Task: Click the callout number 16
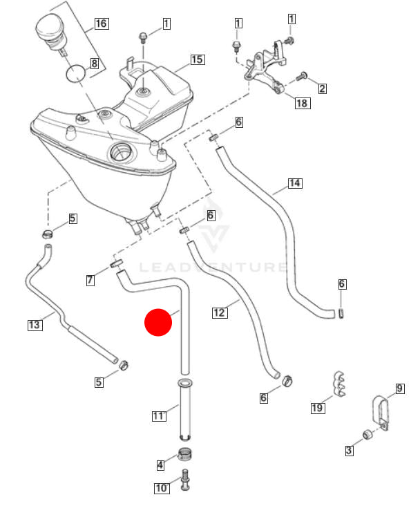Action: pyautogui.click(x=101, y=24)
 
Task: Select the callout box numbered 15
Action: pyautogui.click(x=197, y=59)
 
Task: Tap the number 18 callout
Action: pyautogui.click(x=302, y=104)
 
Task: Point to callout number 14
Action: pyautogui.click(x=295, y=183)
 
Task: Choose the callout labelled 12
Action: pyautogui.click(x=220, y=312)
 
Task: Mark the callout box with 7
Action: pyautogui.click(x=90, y=280)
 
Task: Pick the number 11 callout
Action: pyautogui.click(x=159, y=415)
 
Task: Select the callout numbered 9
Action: pyautogui.click(x=399, y=388)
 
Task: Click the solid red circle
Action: pyautogui.click(x=158, y=323)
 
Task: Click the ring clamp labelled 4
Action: pyautogui.click(x=185, y=453)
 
